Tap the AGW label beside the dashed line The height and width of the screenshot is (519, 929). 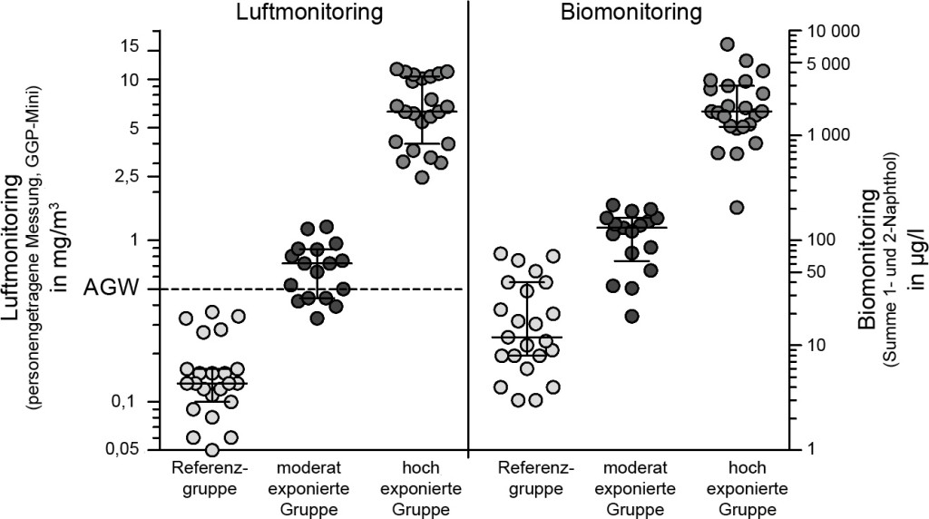tap(112, 289)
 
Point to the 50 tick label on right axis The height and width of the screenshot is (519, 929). tap(817, 271)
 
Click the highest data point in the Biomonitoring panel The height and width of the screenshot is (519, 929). tap(728, 44)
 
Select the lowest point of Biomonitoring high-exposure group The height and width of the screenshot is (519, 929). tap(737, 207)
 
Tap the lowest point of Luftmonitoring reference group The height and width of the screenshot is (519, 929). tap(212, 449)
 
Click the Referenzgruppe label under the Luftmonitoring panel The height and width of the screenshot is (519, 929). tap(211, 479)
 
